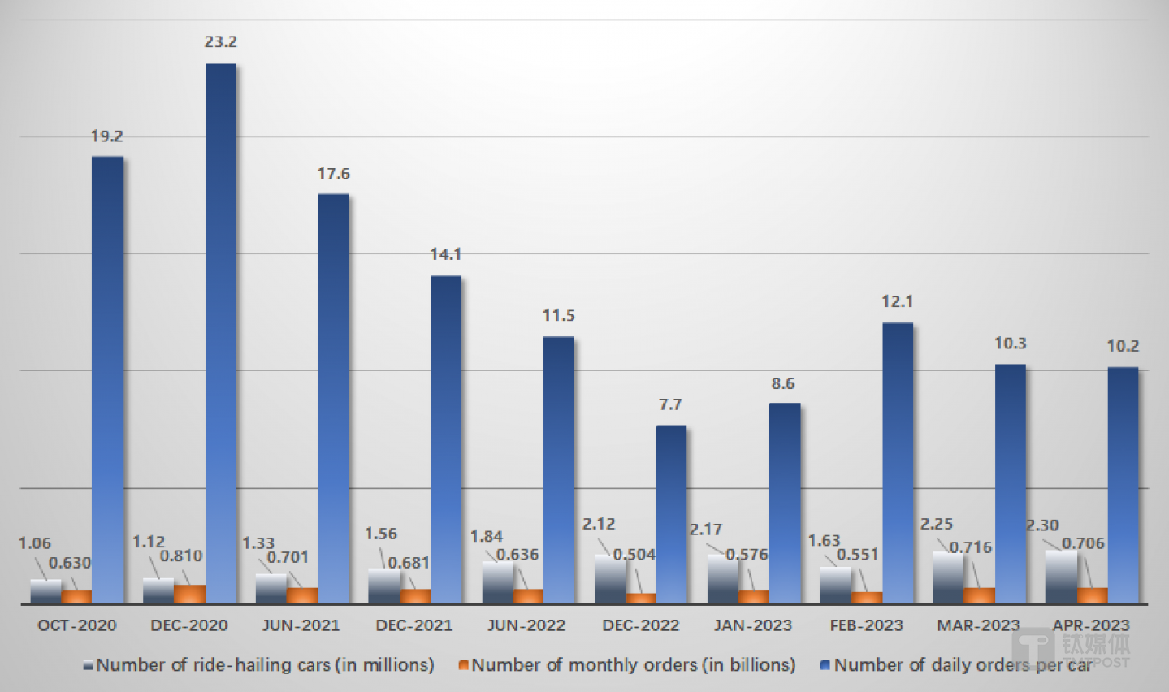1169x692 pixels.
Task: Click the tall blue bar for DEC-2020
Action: click(x=221, y=333)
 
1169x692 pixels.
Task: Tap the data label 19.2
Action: click(x=107, y=136)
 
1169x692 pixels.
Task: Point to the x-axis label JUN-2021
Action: click(x=301, y=625)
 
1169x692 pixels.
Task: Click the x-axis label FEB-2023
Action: click(x=866, y=625)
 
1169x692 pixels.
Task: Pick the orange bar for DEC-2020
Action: click(x=189, y=594)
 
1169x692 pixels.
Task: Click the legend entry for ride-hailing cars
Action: click(x=259, y=665)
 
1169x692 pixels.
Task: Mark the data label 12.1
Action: click(x=897, y=302)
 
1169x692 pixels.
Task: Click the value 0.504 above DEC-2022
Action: click(x=634, y=555)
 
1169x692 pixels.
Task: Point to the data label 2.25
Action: click(x=936, y=525)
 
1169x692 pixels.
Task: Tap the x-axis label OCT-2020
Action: click(x=77, y=625)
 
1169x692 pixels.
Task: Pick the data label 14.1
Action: click(x=445, y=255)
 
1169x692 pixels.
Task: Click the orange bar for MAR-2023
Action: click(x=979, y=595)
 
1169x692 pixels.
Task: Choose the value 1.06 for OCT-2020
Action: click(x=34, y=543)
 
